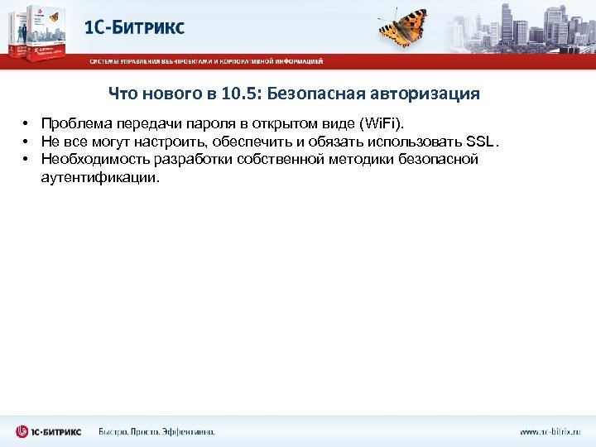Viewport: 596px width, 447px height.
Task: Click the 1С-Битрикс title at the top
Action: [x=135, y=26]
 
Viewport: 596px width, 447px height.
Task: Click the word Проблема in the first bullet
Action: [x=72, y=122]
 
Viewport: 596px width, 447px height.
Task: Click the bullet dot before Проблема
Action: [x=26, y=123]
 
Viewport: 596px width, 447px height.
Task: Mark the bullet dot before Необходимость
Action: [x=26, y=159]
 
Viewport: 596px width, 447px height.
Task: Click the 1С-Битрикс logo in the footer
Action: [x=47, y=431]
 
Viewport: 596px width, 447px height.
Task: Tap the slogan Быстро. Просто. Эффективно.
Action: [x=156, y=431]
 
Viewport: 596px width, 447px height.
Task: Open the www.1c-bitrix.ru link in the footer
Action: [x=550, y=431]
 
